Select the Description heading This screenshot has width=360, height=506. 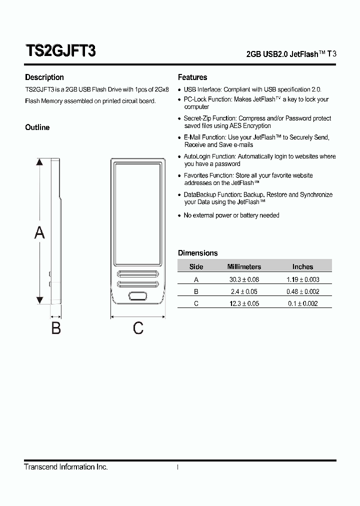44,77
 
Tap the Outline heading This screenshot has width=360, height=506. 37,127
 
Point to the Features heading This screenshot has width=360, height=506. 192,77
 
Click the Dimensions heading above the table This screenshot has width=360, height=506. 198,253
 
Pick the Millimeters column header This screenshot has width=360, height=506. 244,267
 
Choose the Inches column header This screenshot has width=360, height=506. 302,267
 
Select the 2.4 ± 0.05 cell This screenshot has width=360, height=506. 244,291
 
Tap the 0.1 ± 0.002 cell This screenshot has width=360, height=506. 302,303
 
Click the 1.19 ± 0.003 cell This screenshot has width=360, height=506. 302,279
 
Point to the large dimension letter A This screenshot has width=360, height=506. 39,232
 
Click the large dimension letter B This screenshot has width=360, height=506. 56,328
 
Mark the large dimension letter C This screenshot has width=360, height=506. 138,328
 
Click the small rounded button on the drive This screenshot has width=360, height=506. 138,296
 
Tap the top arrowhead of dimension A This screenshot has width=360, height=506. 39,162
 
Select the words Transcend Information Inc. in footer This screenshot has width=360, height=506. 66,467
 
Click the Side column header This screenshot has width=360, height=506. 196,267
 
